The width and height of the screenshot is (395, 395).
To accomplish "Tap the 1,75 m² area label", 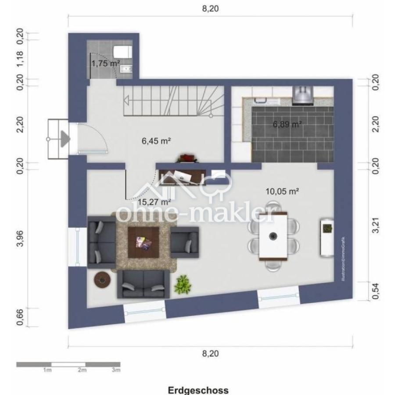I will click(105, 63).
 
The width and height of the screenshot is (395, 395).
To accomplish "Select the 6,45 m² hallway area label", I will click(156, 141).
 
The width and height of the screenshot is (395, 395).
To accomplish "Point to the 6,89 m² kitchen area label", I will click(287, 124).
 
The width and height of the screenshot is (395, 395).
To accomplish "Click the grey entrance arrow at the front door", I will click(65, 139).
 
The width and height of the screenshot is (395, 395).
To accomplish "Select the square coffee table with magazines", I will click(144, 242).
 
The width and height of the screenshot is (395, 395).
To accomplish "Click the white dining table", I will click(273, 236).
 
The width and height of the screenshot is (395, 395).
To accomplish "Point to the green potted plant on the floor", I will click(182, 284).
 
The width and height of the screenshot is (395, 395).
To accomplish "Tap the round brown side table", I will click(102, 279).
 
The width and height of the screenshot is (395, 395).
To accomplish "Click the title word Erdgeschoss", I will click(197, 390).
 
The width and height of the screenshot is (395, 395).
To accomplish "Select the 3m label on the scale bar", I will click(116, 370).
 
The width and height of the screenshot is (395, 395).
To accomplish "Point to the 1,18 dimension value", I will click(20, 60).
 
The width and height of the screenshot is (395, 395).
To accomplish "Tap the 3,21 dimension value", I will click(376, 226).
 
